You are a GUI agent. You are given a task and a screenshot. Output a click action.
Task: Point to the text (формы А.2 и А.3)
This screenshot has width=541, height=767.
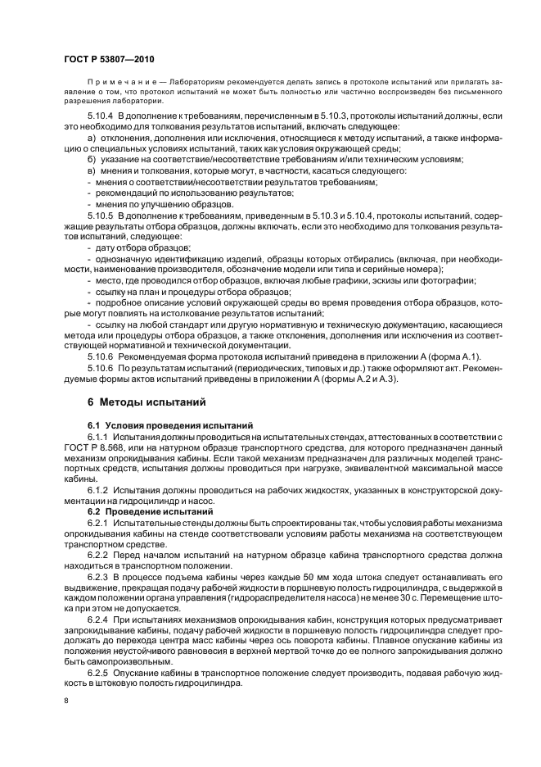tap(355, 379)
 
